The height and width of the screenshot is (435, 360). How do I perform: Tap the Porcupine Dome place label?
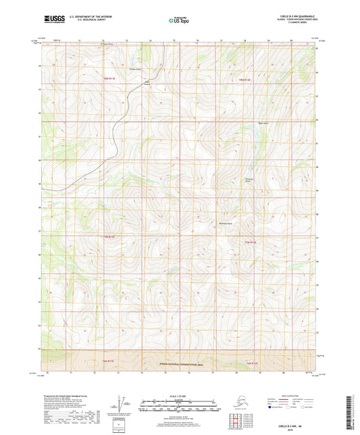coord(247,180)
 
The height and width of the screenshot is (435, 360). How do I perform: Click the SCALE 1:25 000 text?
coord(179,394)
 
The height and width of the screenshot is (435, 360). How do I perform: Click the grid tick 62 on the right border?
coord(318,49)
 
